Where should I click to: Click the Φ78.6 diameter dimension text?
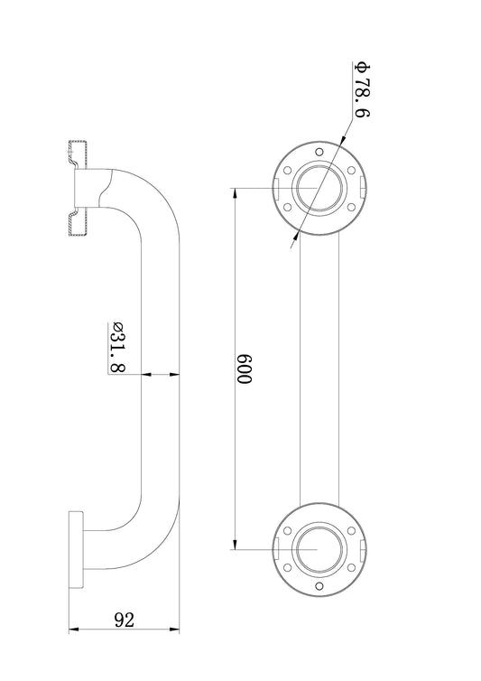pyautogui.click(x=362, y=90)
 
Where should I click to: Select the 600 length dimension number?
pyautogui.click(x=244, y=369)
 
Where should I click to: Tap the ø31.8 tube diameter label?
pyautogui.click(x=118, y=348)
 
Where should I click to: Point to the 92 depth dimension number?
pyautogui.click(x=125, y=620)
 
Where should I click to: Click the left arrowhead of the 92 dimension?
pyautogui.click(x=73, y=629)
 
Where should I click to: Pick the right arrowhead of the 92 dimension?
pyautogui.click(x=174, y=629)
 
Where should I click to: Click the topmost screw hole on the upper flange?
pyautogui.click(x=319, y=153)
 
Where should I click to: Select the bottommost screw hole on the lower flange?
pyautogui.click(x=319, y=586)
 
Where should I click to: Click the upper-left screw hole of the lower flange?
pyautogui.click(x=287, y=531)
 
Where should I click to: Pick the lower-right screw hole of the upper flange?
pyautogui.click(x=352, y=207)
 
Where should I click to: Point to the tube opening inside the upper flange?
pyautogui.click(x=319, y=188)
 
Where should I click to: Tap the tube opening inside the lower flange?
pyautogui.click(x=319, y=549)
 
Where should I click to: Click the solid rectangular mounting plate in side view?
pyautogui.click(x=76, y=550)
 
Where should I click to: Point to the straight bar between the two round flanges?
pyautogui.click(x=319, y=368)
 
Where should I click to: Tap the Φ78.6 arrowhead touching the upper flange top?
pyautogui.click(x=343, y=137)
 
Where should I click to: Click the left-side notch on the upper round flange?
pyautogui.click(x=275, y=188)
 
